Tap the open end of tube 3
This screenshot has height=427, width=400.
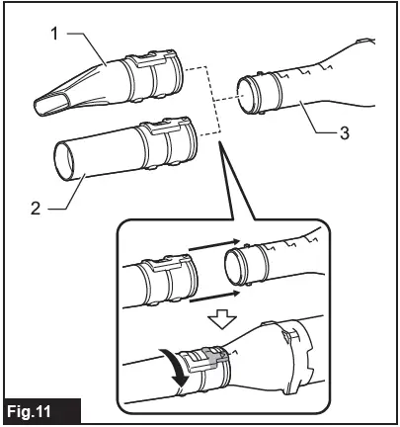[245, 98]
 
